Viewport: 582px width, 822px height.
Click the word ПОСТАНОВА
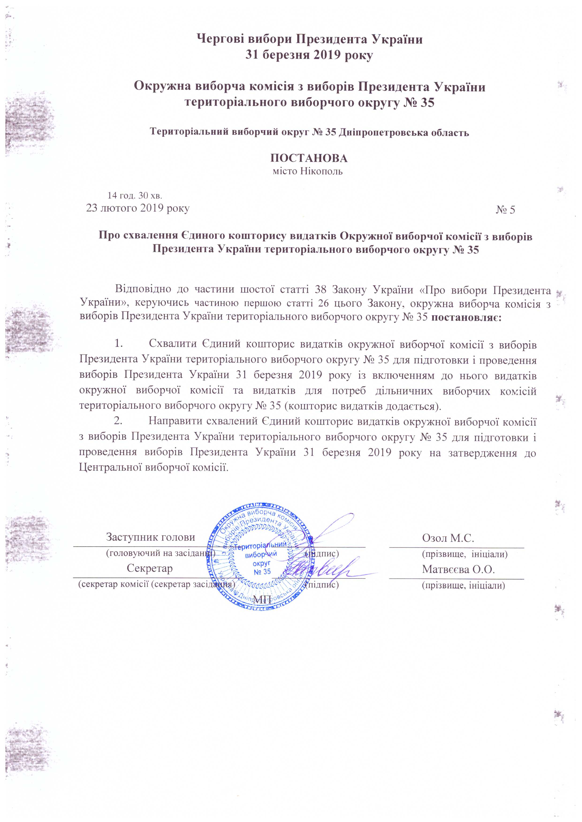[308, 158]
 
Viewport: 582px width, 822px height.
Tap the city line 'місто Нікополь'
[308, 171]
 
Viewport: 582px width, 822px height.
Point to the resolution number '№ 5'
[505, 210]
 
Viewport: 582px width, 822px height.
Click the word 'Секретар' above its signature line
[150, 568]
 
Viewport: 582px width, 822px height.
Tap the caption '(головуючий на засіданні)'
[160, 553]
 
